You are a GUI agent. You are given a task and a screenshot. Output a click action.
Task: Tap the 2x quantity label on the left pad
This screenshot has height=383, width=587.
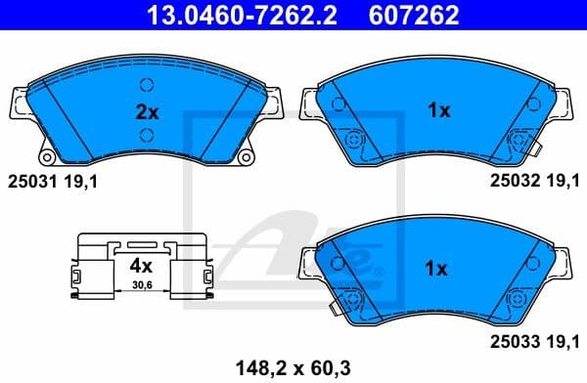coord(146,110)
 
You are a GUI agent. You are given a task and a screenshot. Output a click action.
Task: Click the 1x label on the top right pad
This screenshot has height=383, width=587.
coord(438,110)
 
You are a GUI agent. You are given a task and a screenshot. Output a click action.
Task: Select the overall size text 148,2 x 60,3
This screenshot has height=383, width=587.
coord(293,366)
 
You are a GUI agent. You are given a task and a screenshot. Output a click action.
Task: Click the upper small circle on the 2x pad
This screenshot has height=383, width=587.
coord(147,83)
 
